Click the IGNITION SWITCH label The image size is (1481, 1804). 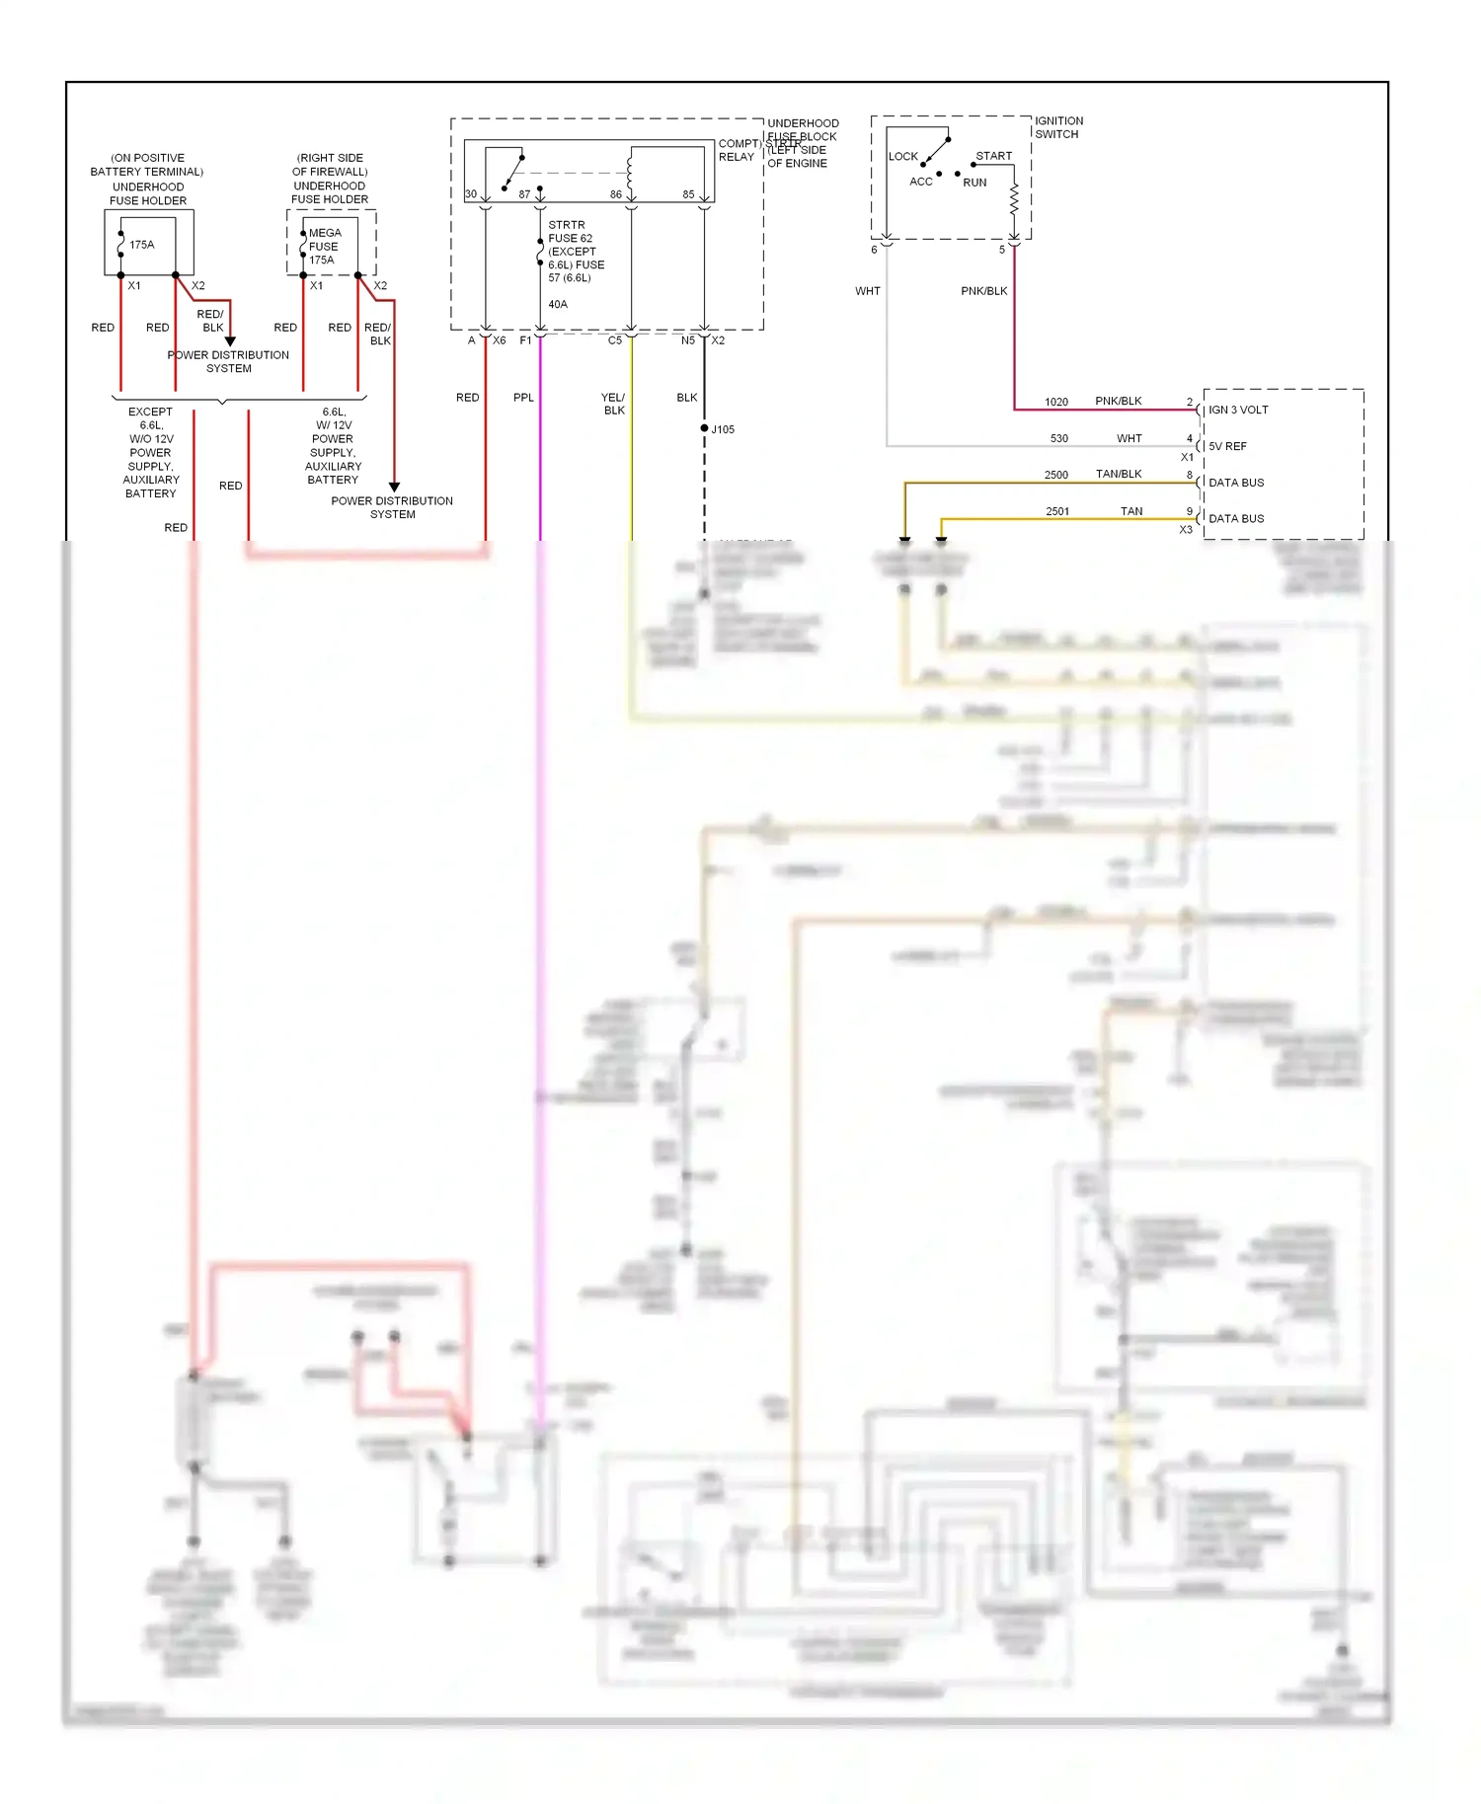[1058, 127]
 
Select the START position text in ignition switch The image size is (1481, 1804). [993, 156]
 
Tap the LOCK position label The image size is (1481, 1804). [902, 156]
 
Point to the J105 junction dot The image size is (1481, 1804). [704, 428]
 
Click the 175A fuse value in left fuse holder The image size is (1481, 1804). [142, 245]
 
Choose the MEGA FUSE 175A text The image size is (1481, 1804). [324, 247]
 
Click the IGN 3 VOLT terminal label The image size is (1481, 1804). [1238, 410]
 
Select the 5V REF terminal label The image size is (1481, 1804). [1227, 446]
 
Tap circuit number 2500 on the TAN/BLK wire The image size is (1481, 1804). [1055, 475]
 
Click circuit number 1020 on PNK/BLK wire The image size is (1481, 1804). [1055, 402]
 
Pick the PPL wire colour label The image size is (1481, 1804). [523, 398]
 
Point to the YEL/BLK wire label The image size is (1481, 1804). [613, 404]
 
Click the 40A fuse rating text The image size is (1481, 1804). [558, 304]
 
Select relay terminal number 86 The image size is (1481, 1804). [615, 194]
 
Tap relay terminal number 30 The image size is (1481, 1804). [471, 194]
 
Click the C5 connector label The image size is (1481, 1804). [614, 340]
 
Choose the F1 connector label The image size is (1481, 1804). [525, 340]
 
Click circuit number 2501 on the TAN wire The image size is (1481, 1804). [1056, 511]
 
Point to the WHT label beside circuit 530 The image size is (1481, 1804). [1129, 438]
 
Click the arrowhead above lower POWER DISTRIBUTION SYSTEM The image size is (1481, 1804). [394, 487]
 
